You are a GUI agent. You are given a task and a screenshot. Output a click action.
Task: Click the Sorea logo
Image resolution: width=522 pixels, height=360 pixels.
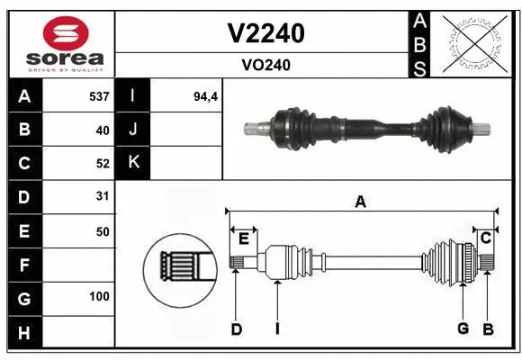[x=59, y=42]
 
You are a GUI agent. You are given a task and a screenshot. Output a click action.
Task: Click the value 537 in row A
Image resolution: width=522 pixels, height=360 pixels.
[x=99, y=95]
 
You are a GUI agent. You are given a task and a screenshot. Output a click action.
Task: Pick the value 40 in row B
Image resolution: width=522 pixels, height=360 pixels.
[x=102, y=130]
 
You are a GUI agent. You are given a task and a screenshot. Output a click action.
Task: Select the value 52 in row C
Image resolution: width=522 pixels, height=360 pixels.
[x=102, y=163]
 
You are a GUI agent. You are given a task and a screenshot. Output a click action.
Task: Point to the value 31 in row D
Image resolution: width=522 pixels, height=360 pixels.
[x=102, y=195]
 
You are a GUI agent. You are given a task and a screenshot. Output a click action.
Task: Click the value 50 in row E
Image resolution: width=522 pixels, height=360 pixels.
[x=102, y=231]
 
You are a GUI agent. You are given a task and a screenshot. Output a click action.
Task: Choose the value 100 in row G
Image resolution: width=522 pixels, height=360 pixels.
[x=99, y=296]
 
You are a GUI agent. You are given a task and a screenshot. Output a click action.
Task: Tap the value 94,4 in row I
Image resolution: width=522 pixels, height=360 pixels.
[x=207, y=95]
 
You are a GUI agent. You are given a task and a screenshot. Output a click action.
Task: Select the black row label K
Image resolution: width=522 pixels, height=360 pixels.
[x=133, y=163]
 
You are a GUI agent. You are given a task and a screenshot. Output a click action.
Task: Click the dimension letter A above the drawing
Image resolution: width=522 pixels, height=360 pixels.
[x=360, y=202]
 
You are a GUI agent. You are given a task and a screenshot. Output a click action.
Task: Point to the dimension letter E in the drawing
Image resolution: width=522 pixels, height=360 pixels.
[x=243, y=238]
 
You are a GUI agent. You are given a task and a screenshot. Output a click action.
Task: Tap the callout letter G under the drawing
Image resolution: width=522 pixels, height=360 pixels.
[x=463, y=328]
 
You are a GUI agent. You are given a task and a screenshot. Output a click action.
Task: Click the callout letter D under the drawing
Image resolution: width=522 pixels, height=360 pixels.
[x=237, y=329]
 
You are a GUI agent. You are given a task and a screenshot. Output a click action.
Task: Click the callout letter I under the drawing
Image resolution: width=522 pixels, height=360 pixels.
[x=277, y=329]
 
